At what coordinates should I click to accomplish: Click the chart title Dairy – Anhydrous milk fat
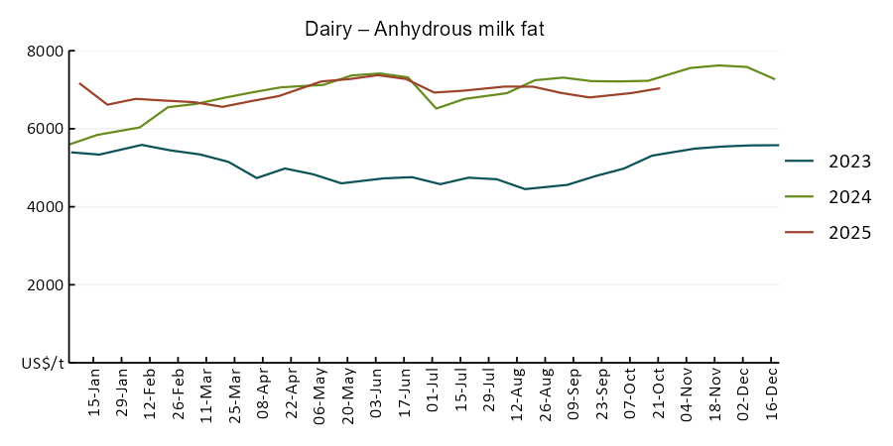point(424,30)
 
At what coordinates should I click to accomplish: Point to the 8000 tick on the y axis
point(46,52)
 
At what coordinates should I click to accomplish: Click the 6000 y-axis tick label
point(46,129)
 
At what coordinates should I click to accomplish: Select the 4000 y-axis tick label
point(46,207)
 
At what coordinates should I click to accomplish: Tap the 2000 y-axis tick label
point(46,285)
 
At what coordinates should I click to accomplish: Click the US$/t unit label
point(43,364)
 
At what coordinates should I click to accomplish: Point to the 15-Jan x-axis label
point(94,393)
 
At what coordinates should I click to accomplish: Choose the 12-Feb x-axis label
point(150,393)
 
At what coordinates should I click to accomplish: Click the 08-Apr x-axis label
point(263,393)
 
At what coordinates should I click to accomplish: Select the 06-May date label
point(319,393)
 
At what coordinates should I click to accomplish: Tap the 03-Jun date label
point(376,393)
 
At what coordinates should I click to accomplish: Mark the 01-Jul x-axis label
point(433,393)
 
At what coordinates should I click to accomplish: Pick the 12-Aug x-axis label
point(517,393)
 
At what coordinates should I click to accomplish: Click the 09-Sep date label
point(574,393)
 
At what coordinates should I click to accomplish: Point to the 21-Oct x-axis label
point(659,393)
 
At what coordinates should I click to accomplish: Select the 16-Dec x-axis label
point(772,393)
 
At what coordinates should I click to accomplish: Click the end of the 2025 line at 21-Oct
point(660,88)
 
